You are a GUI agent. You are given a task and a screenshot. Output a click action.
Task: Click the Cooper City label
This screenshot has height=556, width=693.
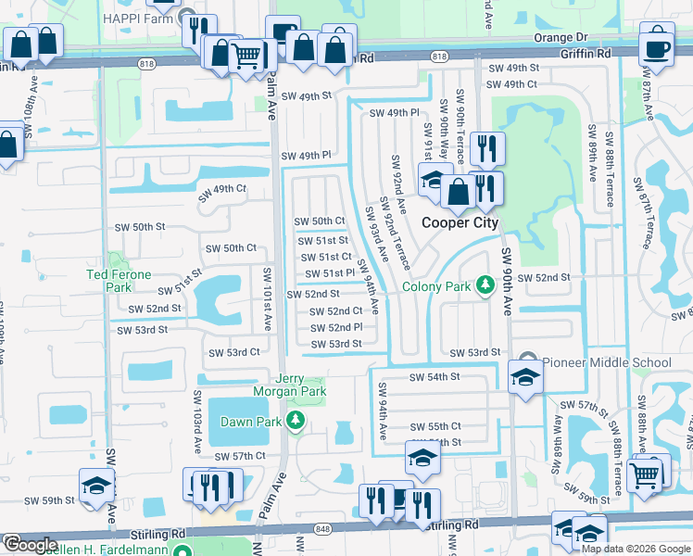[x=460, y=222]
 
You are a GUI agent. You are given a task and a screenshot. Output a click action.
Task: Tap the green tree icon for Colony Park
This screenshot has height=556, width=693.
[x=484, y=284]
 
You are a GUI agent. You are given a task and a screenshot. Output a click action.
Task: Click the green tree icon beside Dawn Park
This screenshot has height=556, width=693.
[x=296, y=422]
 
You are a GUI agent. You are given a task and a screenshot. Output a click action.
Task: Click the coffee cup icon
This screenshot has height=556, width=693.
[x=657, y=47]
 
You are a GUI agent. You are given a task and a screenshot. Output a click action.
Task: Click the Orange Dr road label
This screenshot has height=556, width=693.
[x=561, y=38]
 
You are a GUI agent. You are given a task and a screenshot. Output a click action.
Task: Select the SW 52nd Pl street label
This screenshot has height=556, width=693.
[x=335, y=328]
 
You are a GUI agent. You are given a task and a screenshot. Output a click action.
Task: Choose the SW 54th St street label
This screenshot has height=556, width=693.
[x=435, y=377]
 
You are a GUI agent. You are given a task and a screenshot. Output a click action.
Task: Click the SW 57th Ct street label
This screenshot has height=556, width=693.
[x=240, y=457]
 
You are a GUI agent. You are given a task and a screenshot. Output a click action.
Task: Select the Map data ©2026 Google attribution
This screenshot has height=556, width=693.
[x=635, y=548]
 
